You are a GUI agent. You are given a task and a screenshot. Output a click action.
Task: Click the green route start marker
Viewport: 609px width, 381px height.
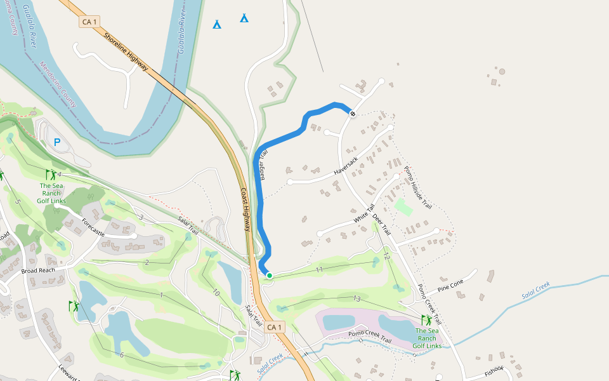[x=270, y=276]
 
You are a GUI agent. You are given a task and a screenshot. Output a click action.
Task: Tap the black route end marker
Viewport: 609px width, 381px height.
[x=353, y=114]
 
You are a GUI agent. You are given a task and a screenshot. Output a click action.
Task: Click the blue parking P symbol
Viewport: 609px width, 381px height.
[x=57, y=143]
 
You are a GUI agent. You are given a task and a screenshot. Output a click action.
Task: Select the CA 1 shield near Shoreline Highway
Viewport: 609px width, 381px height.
[x=89, y=22]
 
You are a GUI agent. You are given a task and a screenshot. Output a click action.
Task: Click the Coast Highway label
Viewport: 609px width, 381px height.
[x=246, y=210]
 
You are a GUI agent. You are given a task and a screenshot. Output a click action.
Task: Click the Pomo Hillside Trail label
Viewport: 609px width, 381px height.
[x=418, y=188]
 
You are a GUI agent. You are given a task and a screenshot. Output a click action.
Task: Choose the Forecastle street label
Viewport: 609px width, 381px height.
[x=93, y=227]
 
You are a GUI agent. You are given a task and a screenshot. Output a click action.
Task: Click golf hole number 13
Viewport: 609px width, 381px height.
[x=357, y=298]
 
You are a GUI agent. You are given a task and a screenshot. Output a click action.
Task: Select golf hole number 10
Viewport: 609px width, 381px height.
[x=216, y=293]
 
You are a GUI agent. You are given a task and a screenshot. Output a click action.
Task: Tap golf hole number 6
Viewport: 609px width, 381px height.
[x=121, y=354]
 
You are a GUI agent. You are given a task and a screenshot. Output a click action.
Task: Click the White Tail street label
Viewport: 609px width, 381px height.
[x=365, y=213]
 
